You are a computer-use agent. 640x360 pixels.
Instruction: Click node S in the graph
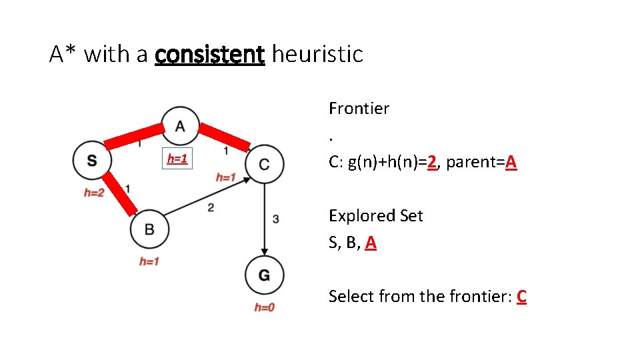coord(91,161)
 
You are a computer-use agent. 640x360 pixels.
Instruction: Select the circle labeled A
coord(180,125)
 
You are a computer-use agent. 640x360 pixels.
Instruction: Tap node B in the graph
coord(149,229)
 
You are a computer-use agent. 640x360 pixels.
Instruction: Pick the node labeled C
coord(265,164)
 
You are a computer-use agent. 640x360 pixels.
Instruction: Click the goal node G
coord(264,275)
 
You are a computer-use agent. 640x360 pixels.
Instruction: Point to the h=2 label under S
coord(93,193)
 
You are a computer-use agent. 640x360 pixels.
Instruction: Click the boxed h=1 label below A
coord(177,159)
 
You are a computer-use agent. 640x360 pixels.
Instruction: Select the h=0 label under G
coord(264,307)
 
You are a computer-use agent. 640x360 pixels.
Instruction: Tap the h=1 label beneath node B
coord(149,261)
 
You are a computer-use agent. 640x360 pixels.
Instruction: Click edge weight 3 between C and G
coord(275,218)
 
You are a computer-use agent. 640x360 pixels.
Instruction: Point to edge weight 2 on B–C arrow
coord(210,208)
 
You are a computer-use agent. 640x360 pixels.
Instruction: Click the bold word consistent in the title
coord(209,54)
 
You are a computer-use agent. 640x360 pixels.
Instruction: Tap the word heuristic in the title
coord(317,54)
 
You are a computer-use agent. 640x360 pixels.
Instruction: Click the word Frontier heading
coord(359,108)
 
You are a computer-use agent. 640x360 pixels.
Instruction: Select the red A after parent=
coord(511,162)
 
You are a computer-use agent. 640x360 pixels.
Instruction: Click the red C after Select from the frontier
coord(521,297)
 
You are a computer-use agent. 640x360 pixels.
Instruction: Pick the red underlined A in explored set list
coord(371,243)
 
